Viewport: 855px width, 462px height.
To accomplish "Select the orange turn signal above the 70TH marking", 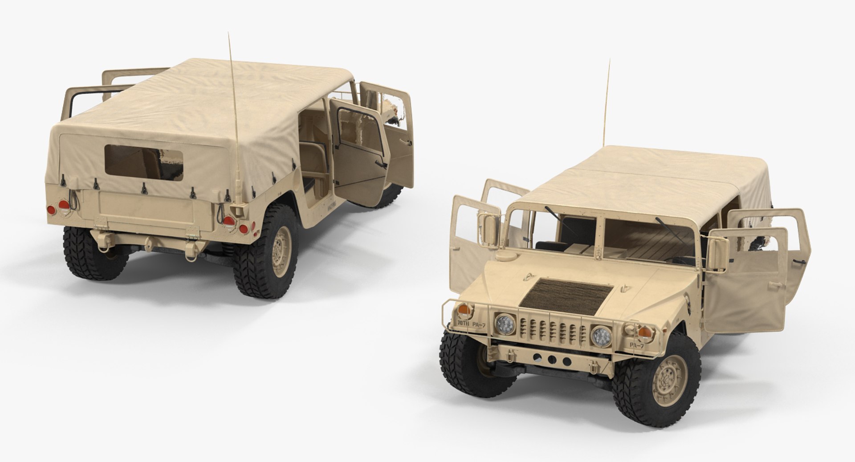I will [x=464, y=307].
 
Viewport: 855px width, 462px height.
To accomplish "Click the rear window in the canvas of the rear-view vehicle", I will [x=143, y=160].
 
